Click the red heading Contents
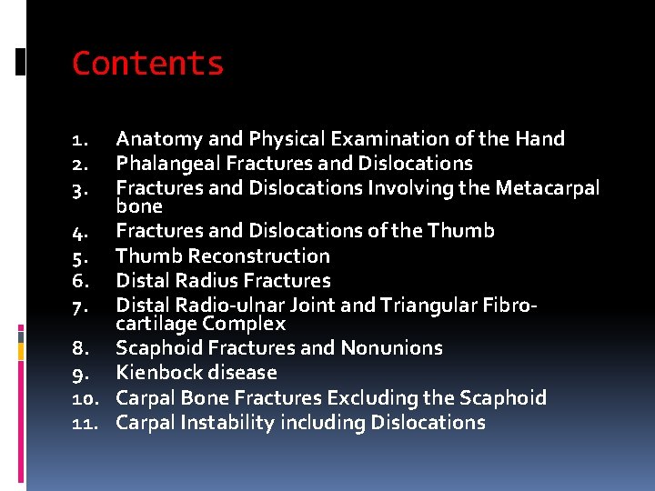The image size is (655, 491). [147, 64]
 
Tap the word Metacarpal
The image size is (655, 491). [548, 188]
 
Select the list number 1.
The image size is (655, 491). [79, 140]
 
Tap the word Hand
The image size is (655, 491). [540, 139]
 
